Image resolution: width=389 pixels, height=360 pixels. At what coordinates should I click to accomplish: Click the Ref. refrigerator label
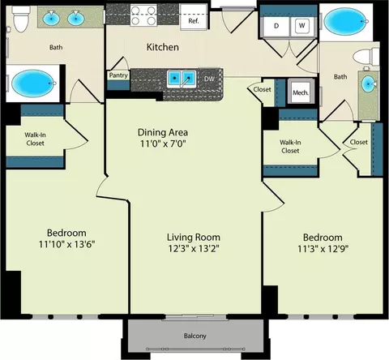pos(194,21)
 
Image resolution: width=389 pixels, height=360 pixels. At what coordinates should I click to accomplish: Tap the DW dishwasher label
pos(209,79)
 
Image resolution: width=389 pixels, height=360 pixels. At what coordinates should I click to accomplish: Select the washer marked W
pos(302,26)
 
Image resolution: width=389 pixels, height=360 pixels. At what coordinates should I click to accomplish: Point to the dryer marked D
pos(276,26)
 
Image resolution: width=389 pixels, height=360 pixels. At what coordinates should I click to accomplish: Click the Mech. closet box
pos(301,92)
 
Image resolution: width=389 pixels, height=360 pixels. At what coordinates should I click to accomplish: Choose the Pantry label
pos(118,75)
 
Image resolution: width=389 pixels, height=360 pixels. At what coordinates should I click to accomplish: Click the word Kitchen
pos(163,47)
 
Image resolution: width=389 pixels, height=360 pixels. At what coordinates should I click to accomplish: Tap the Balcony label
pos(195,336)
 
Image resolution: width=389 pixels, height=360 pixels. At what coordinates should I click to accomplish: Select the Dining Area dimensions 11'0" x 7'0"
pos(163,144)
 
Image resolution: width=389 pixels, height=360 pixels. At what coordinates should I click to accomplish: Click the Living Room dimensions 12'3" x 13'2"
pos(194,248)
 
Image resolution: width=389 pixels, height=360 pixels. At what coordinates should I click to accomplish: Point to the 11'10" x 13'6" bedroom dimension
pos(66,245)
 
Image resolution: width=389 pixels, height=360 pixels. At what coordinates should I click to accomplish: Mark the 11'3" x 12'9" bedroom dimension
pos(323,249)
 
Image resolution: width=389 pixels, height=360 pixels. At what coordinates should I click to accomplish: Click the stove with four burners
pos(143,15)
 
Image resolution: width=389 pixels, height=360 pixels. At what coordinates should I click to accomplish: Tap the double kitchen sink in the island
pos(182,79)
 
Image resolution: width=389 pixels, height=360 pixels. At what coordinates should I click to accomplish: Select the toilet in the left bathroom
pos(21,19)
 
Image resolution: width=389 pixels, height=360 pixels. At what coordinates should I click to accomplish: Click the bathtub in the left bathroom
pos(33,83)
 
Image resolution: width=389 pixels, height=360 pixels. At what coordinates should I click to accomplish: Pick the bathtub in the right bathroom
pos(346,21)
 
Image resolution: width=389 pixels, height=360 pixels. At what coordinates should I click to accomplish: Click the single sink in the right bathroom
pos(369,84)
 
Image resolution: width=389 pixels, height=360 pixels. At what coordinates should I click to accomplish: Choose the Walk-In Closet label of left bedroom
pos(35,139)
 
